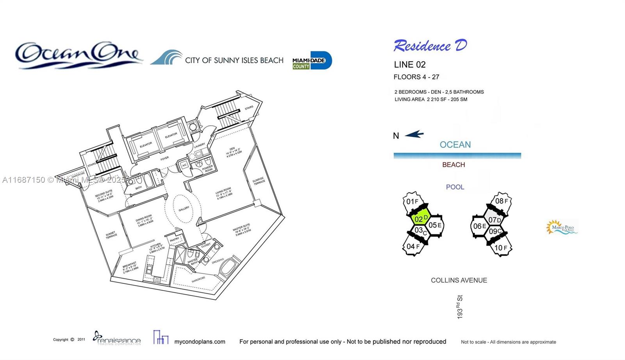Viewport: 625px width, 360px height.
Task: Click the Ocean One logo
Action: pyautogui.click(x=78, y=55)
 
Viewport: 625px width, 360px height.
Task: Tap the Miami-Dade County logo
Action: pyautogui.click(x=312, y=61)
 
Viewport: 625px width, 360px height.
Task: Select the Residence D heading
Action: pyautogui.click(x=430, y=46)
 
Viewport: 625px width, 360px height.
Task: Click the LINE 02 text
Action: pyautogui.click(x=410, y=65)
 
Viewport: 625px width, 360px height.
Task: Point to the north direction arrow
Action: pyautogui.click(x=414, y=135)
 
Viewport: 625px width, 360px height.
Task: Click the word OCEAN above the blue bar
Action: pyautogui.click(x=455, y=145)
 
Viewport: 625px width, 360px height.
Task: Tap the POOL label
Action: pyautogui.click(x=455, y=187)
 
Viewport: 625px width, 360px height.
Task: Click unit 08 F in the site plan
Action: pyautogui.click(x=501, y=201)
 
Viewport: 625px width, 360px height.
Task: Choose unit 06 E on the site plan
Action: pyautogui.click(x=479, y=226)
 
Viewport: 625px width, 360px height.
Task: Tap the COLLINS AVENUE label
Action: pyautogui.click(x=459, y=280)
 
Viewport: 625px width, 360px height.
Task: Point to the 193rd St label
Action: pyautogui.click(x=460, y=307)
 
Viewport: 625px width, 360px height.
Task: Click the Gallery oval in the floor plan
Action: pyautogui.click(x=184, y=209)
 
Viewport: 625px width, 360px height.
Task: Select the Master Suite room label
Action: pyautogui.click(x=242, y=230)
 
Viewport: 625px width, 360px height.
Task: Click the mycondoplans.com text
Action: pyautogui.click(x=200, y=342)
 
